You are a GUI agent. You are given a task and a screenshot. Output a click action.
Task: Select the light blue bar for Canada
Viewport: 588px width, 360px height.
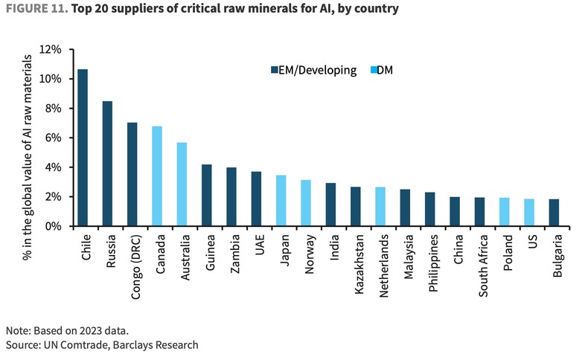coord(157,176)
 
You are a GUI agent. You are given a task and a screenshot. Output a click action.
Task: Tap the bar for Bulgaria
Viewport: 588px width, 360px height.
coord(554,213)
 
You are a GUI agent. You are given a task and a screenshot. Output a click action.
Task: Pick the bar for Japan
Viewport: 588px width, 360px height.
coord(281,201)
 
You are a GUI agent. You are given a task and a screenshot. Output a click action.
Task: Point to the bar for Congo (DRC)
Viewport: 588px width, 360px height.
coord(132,174)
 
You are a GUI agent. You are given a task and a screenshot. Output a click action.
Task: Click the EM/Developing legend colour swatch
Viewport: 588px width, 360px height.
coord(273,70)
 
